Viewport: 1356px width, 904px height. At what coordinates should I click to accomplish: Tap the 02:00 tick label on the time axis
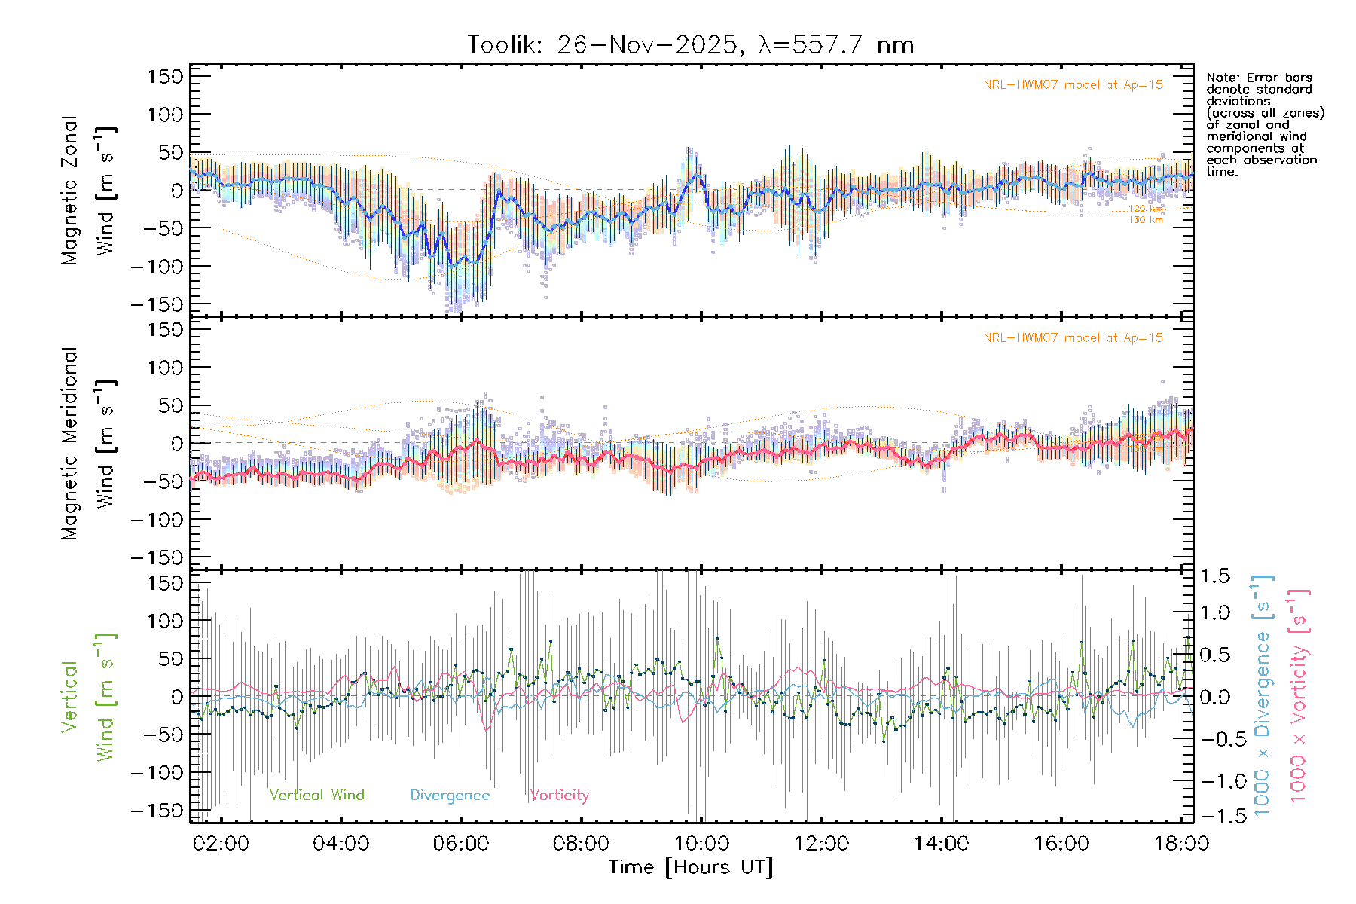221,844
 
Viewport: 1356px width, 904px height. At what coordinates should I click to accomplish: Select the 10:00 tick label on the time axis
701,844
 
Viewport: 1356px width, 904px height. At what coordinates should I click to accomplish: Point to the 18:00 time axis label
1181,844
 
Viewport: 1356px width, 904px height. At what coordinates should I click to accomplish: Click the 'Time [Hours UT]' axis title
691,867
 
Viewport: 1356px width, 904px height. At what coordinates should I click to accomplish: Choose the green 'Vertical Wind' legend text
316,795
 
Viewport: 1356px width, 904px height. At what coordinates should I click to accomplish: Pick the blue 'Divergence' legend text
450,795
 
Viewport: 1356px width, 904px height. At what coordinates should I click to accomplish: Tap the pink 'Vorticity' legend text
559,795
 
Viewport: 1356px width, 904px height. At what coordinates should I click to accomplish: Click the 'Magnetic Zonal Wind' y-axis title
89,191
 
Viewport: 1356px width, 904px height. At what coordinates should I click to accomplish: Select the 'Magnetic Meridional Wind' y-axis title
89,444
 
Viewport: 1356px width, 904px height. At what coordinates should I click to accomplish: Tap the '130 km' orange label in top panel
1145,220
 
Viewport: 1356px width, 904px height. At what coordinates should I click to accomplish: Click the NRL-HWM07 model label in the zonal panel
1073,85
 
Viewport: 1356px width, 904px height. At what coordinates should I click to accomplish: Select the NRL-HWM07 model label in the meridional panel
1073,338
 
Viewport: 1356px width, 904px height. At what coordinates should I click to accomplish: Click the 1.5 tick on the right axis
1215,576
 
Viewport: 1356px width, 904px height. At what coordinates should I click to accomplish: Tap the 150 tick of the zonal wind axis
165,76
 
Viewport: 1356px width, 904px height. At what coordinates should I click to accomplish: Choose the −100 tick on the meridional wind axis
157,519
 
